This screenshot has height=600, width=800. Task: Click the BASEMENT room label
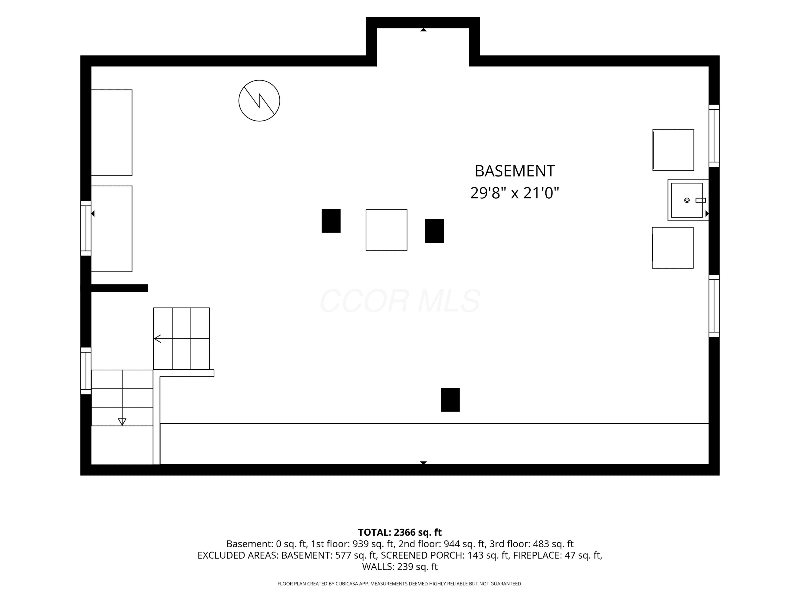pyautogui.click(x=514, y=171)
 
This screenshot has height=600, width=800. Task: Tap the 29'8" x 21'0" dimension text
pyautogui.click(x=514, y=193)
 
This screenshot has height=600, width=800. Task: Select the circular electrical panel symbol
pyautogui.click(x=259, y=101)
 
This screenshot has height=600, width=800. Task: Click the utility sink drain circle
pyautogui.click(x=687, y=200)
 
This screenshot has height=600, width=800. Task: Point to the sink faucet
pyautogui.click(x=701, y=200)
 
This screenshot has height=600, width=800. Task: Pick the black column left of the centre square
pyautogui.click(x=331, y=221)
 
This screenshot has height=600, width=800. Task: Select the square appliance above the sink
pyautogui.click(x=673, y=150)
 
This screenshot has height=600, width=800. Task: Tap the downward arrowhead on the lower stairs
pyautogui.click(x=122, y=422)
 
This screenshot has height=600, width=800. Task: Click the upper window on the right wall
pyautogui.click(x=714, y=136)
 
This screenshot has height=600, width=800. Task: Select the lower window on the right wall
pyautogui.click(x=714, y=306)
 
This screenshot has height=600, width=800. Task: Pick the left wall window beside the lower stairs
pyautogui.click(x=86, y=371)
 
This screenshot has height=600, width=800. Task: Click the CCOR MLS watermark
pyautogui.click(x=400, y=301)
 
